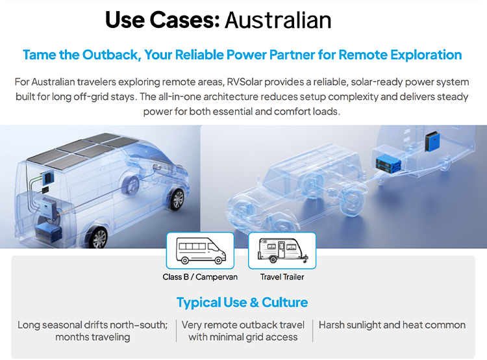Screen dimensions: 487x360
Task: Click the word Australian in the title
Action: (278, 20)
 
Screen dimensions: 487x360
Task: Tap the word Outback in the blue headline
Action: (111, 55)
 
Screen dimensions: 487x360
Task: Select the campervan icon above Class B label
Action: (201, 251)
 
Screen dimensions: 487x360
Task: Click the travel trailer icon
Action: (282, 251)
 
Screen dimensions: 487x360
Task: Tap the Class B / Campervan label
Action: (200, 277)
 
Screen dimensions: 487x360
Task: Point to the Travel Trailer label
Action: (282, 277)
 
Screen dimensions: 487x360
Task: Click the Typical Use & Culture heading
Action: (242, 302)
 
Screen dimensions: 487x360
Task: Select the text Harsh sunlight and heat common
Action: (392, 325)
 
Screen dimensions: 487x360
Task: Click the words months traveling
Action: (93, 337)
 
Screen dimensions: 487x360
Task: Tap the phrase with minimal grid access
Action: (243, 337)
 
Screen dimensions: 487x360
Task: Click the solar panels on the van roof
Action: (83, 151)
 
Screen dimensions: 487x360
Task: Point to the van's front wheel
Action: (177, 199)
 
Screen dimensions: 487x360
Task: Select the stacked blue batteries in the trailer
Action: (388, 164)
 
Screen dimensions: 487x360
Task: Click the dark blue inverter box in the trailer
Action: (432, 142)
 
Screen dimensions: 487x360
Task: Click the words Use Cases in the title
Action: (162, 20)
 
